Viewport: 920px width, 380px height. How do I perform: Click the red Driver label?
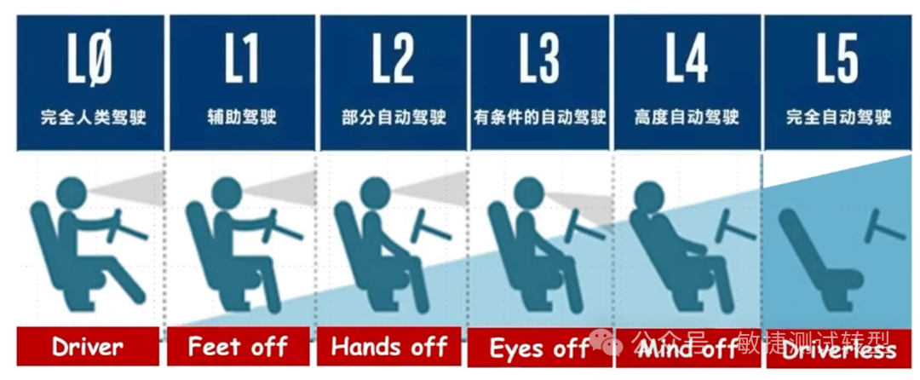coord(87,347)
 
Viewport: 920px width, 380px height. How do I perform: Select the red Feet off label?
coord(239,347)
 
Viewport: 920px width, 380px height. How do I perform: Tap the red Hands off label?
coord(389,347)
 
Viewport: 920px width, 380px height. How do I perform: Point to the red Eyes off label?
coord(540,348)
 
